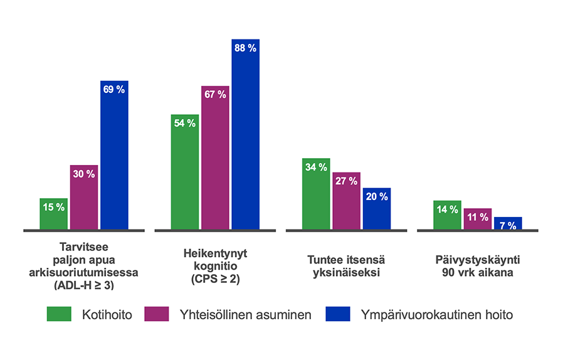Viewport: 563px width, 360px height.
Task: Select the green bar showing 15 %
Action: click(x=53, y=214)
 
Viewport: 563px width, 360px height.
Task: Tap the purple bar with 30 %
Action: click(x=83, y=197)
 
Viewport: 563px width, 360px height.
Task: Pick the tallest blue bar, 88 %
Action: click(x=245, y=134)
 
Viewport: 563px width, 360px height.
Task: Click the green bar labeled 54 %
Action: click(x=185, y=172)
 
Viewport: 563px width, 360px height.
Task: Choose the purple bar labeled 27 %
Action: click(x=346, y=201)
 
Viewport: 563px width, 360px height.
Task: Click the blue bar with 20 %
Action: click(x=376, y=209)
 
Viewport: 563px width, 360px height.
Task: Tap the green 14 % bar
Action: click(x=447, y=215)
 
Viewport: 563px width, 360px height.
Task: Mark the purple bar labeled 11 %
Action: click(x=477, y=219)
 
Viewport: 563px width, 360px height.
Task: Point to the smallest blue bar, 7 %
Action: click(x=507, y=223)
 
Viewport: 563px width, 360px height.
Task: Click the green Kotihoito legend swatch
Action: click(x=60, y=314)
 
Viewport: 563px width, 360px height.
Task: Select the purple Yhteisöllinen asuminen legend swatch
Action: click(x=157, y=314)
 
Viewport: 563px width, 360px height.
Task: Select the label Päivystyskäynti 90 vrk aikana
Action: click(x=478, y=266)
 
